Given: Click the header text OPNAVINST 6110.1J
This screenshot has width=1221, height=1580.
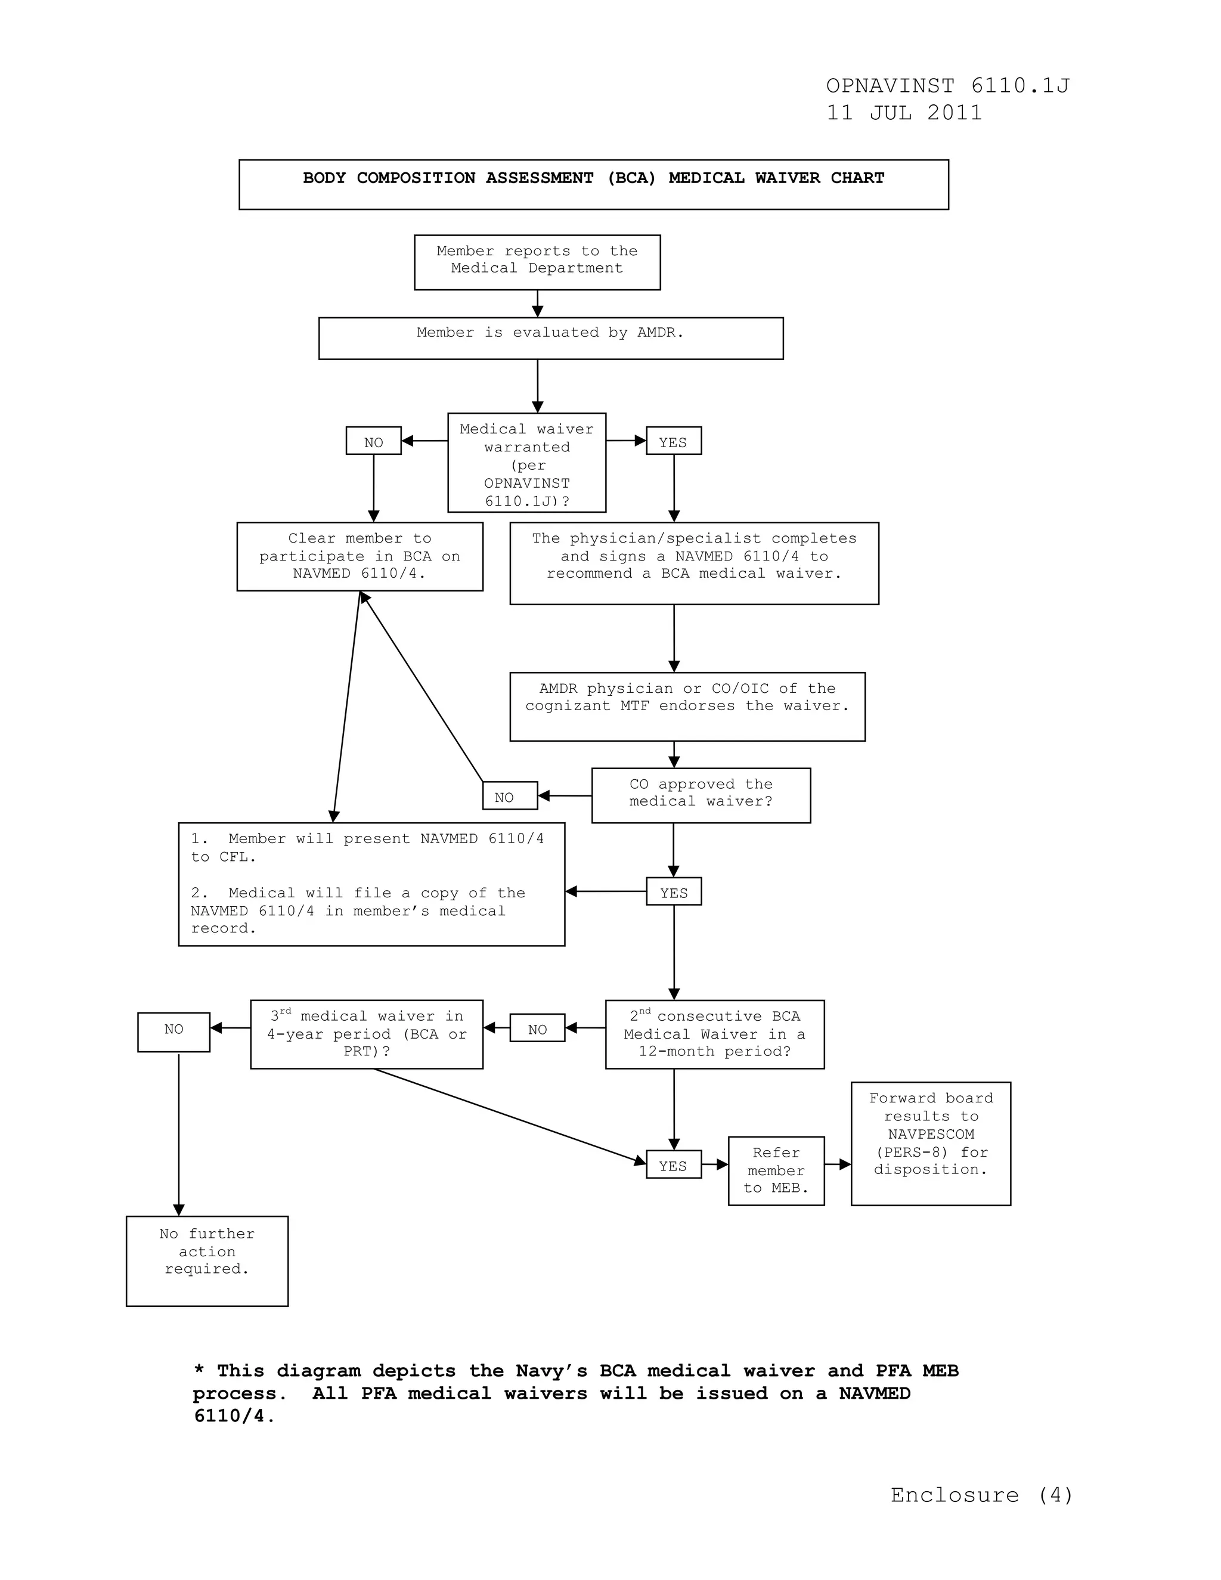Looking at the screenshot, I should pos(947,86).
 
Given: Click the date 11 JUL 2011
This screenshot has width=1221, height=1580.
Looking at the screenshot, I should pos(904,113).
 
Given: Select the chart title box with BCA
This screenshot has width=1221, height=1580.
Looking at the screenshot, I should pos(593,184).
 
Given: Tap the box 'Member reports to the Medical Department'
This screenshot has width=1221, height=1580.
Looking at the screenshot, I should pos(537,262).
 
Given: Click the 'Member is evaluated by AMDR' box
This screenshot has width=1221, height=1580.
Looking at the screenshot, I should pos(550,338).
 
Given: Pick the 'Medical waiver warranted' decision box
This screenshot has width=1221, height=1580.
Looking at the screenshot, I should pos(526,462).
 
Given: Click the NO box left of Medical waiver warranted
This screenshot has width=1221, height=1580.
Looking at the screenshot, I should pos(373,441).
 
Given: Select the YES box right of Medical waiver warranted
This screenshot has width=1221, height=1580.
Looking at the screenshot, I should pos(674,441).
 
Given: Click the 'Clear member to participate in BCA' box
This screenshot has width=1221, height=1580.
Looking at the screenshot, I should pos(360,556).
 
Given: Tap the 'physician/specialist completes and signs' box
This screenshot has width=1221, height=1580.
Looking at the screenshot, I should pos(694,563).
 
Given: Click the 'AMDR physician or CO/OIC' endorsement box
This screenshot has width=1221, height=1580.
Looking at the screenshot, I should pos(687,706).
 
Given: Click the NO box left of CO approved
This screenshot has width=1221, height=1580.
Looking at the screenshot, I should pos(510,796).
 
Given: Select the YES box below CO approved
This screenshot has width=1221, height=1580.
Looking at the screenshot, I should pos(674,891).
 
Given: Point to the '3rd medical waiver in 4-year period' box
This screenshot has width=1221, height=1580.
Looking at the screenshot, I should pos(366,1034).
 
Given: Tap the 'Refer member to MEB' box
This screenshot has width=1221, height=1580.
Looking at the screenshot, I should pos(776,1170).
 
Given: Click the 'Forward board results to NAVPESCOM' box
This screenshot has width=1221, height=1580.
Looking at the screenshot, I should pos(930,1143).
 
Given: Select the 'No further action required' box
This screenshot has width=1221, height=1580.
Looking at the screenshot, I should pos(207,1260).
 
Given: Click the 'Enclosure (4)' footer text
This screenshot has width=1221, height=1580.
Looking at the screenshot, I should pos(981,1495).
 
